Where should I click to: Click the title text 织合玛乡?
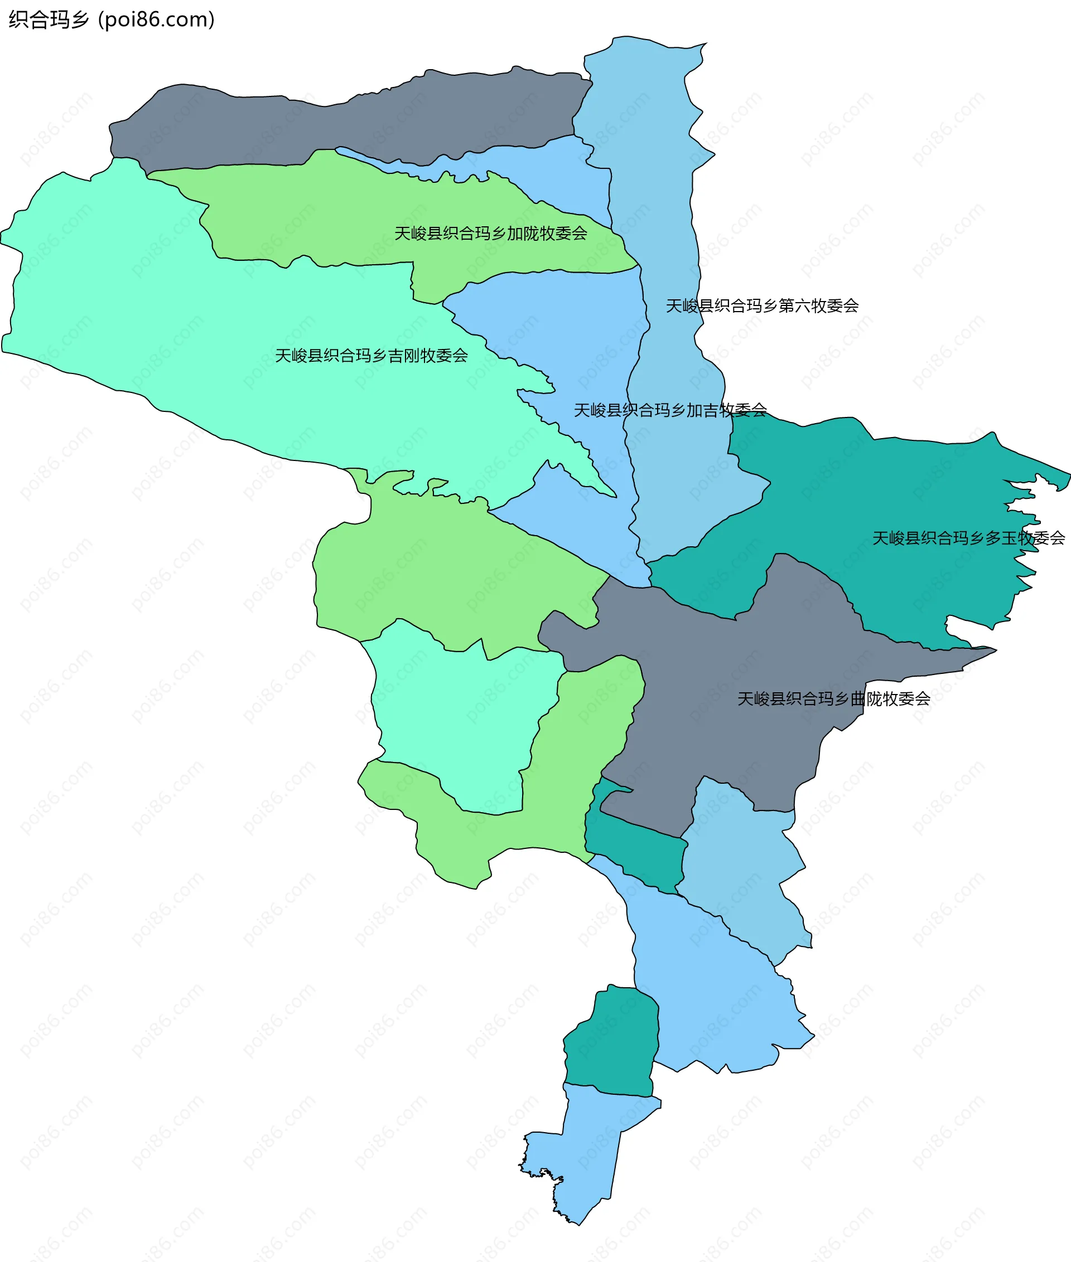49,20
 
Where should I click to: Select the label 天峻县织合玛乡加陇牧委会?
490,234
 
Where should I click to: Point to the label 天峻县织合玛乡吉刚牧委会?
371,356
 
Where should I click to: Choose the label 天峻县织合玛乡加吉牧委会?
670,411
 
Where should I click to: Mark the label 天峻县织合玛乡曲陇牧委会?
833,699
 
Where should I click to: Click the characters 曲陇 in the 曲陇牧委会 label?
866,699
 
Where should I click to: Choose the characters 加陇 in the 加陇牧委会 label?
523,234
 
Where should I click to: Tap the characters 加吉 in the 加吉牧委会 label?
702,411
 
